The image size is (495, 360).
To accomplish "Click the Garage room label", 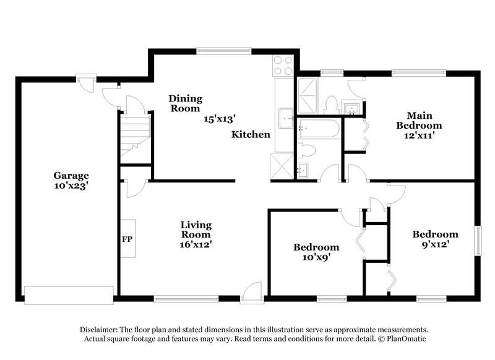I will point(71,175).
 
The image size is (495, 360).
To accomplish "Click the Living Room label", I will point(196,229).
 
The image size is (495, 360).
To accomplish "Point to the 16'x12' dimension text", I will point(196,244).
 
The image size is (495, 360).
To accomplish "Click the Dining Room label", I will point(186,103).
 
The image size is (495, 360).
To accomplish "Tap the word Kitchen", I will point(251,134).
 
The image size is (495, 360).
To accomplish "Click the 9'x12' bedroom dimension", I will point(435,244).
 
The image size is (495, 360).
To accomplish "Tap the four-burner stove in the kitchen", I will point(283,66).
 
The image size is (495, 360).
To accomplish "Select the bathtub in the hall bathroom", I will point(319,129).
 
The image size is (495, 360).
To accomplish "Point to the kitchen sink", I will point(285,116).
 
